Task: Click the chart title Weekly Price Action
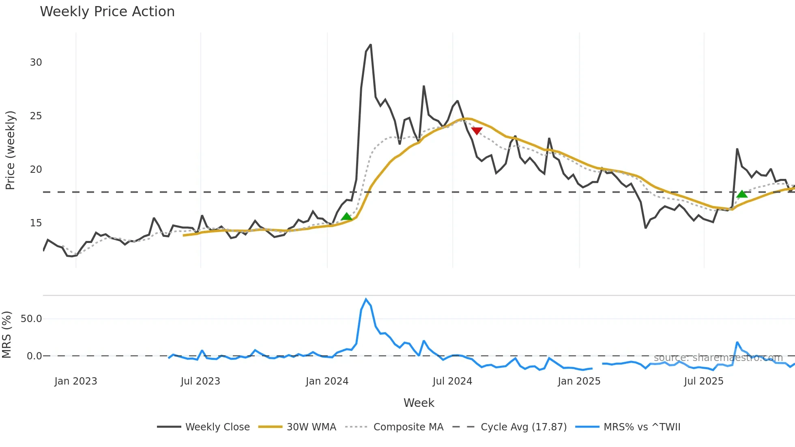(107, 12)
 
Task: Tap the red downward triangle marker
(477, 131)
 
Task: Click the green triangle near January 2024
(346, 217)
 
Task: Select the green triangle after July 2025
(742, 194)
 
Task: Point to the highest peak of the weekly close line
(370, 45)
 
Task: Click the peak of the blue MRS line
(366, 299)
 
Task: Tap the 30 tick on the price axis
(36, 62)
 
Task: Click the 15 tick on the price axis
(36, 223)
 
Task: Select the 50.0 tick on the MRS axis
(31, 319)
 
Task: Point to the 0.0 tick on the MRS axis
(34, 356)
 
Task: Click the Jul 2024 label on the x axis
(452, 381)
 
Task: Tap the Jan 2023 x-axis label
(76, 381)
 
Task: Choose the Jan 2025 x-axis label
(579, 381)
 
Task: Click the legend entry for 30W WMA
(311, 427)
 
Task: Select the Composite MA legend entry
(408, 427)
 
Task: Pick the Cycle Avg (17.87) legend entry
(523, 427)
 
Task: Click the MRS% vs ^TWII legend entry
(642, 427)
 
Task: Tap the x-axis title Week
(419, 403)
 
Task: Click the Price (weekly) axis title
(10, 150)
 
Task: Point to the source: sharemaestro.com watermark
(718, 358)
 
